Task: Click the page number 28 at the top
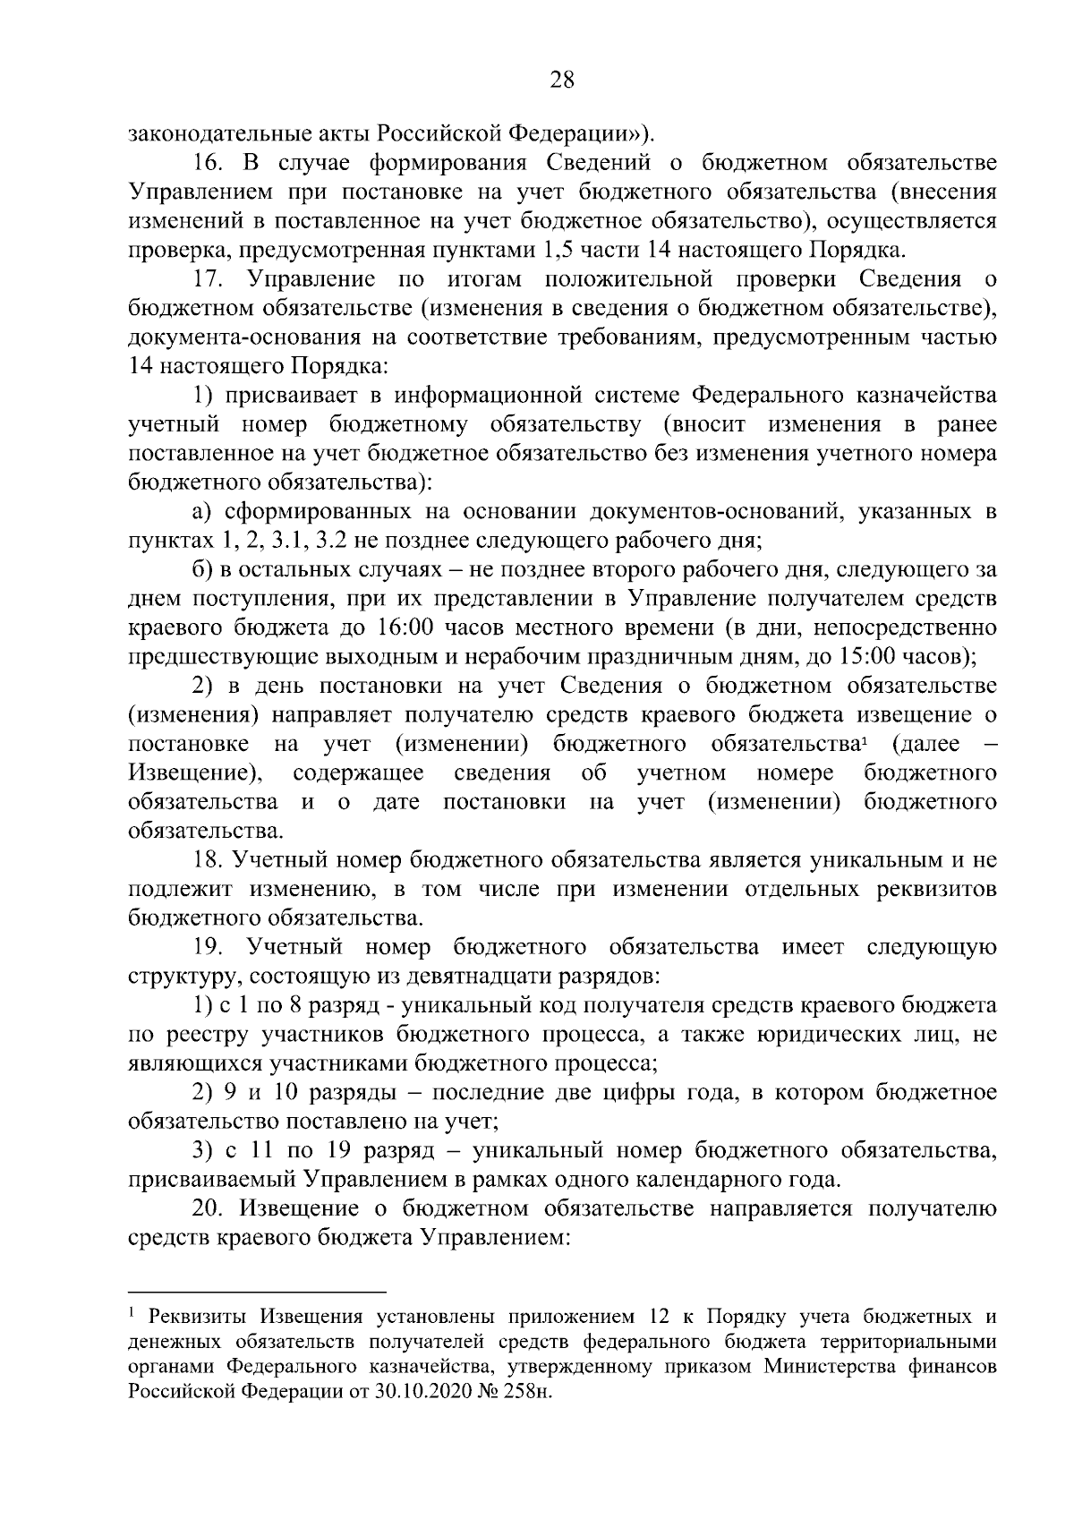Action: click(x=561, y=80)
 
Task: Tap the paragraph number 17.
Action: click(x=208, y=279)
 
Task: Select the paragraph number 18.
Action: click(x=208, y=860)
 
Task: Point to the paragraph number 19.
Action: click(x=208, y=947)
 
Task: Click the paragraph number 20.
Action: click(x=208, y=1208)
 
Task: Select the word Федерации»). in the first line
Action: click(x=582, y=134)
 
